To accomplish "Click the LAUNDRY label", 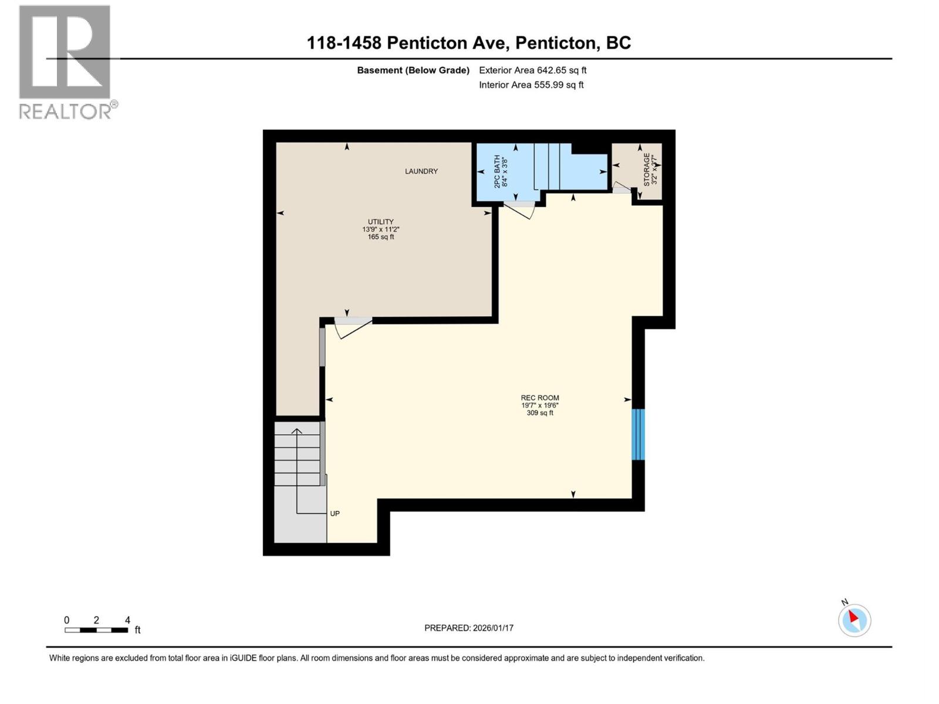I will [421, 171].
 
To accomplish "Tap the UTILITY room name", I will [380, 222].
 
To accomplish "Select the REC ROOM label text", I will [540, 398].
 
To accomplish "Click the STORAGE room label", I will [647, 170].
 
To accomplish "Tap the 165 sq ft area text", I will [380, 237].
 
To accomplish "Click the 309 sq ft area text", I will [540, 413].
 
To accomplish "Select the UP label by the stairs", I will [335, 513].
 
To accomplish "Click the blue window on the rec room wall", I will [638, 434].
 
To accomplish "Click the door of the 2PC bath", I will [520, 208].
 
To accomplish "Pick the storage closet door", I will [622, 188].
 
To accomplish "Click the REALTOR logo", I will [65, 62].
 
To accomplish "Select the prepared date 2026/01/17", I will [468, 628].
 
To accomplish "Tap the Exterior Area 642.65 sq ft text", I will [532, 70].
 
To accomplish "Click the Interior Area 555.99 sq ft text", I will [531, 84].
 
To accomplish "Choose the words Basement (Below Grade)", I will [413, 70].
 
